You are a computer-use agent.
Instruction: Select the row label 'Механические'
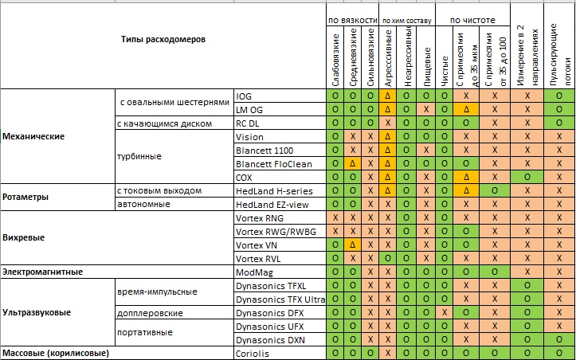click(x=33, y=136)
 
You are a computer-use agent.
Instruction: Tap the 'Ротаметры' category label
click(x=27, y=196)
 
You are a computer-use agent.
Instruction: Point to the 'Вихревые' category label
click(x=24, y=237)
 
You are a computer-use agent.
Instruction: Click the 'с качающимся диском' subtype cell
click(x=164, y=123)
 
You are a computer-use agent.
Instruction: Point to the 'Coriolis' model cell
click(x=253, y=353)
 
